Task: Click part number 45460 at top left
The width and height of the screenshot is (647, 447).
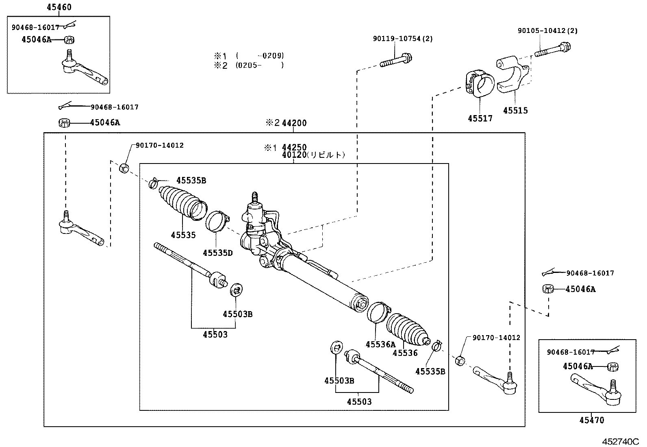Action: (x=59, y=7)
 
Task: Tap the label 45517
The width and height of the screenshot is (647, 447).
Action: (x=480, y=118)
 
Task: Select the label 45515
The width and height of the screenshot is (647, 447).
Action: (x=515, y=110)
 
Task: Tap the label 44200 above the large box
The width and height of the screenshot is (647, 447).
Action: (x=294, y=123)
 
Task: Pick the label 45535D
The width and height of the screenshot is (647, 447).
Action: (x=217, y=253)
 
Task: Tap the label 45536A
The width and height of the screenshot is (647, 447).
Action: (x=380, y=345)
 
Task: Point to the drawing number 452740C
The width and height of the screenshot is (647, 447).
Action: (x=621, y=441)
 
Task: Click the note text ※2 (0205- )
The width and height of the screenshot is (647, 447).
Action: (x=249, y=65)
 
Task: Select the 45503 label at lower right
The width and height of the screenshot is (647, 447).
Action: (x=359, y=402)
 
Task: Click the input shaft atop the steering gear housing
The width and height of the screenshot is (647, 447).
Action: (x=255, y=198)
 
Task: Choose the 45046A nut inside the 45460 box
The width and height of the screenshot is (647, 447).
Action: (x=70, y=40)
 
